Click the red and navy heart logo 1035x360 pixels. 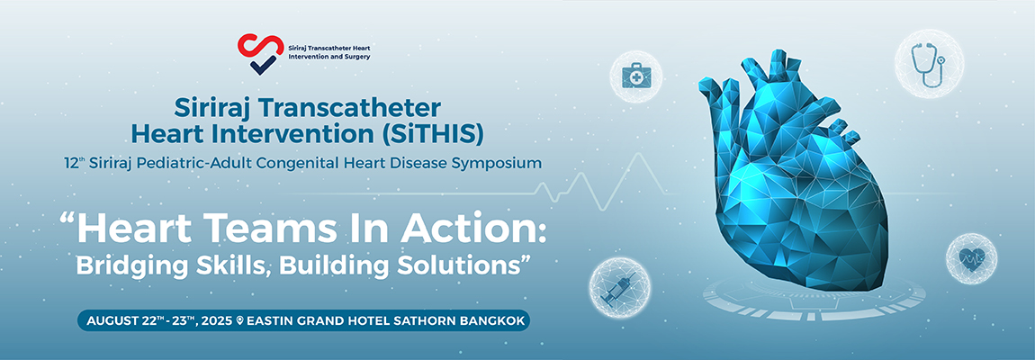[x=259, y=53]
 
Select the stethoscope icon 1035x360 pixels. [x=928, y=64]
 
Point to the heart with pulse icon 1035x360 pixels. [x=971, y=258]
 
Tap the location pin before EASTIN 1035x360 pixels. [x=239, y=321]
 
